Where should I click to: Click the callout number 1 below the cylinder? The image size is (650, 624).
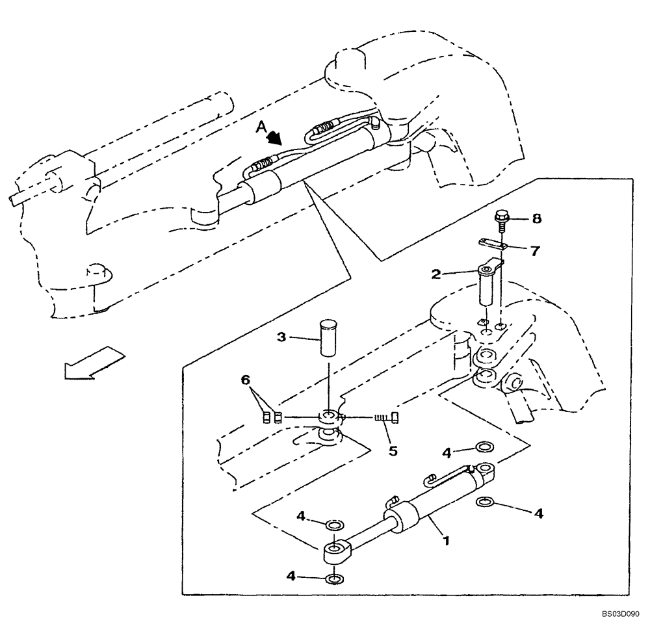tap(446, 539)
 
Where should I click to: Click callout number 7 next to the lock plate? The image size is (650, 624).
tap(534, 250)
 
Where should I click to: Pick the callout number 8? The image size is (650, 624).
tap(536, 219)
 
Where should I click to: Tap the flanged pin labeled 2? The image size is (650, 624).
tap(489, 284)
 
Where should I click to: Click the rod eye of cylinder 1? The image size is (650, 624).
tap(334, 552)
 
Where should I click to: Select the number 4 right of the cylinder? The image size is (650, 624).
tap(539, 513)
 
